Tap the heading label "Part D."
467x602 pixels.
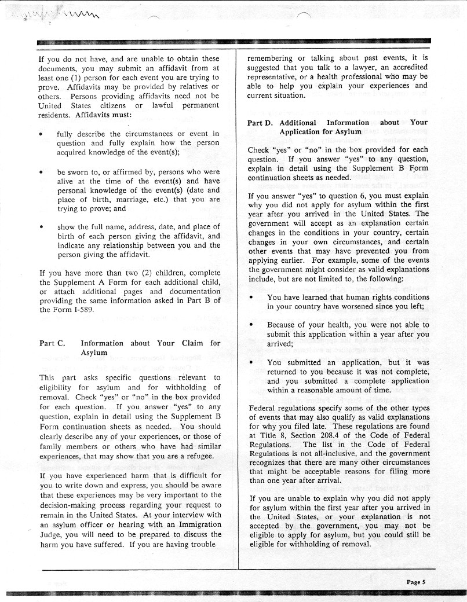pyautogui.click(x=260, y=123)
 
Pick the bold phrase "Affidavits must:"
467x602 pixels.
pyautogui.click(x=96, y=115)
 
